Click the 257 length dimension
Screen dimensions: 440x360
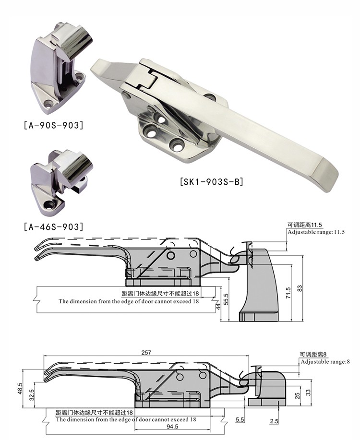coord(146,352)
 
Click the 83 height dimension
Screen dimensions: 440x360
coord(300,288)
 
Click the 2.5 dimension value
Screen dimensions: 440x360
coord(274,422)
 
